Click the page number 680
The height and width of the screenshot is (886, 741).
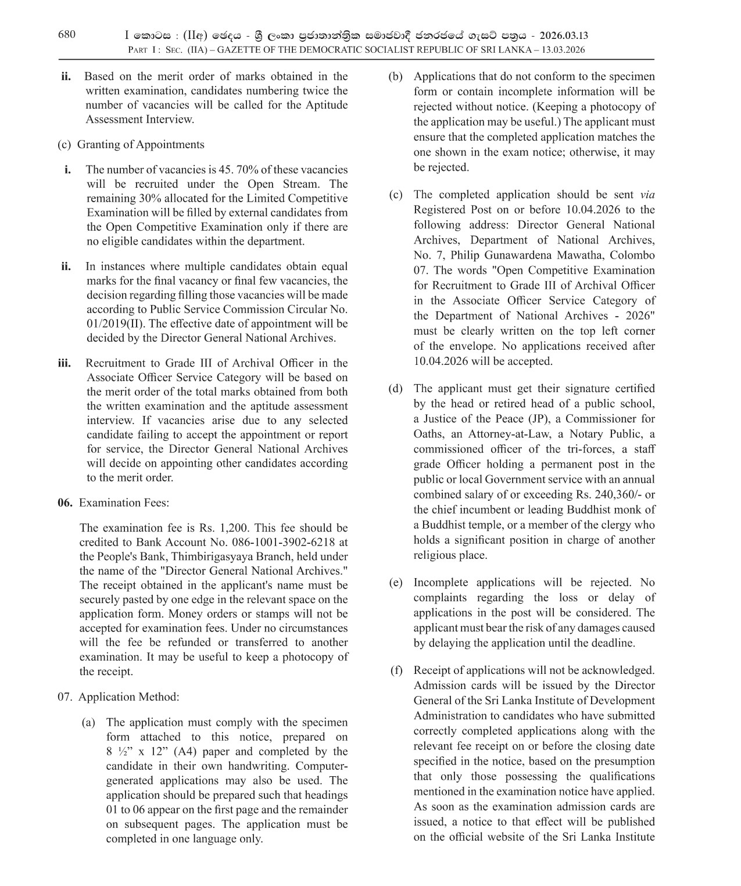(x=67, y=34)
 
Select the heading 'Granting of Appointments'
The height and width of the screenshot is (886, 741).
(x=141, y=145)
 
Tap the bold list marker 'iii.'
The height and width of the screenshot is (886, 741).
(x=64, y=363)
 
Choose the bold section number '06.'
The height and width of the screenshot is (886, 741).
(x=65, y=503)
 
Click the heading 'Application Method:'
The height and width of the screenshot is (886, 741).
(x=128, y=697)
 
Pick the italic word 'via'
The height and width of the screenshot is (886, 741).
(x=647, y=195)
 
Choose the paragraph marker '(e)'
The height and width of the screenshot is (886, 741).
(x=396, y=582)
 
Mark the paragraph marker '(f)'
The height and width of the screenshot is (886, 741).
(x=396, y=670)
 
